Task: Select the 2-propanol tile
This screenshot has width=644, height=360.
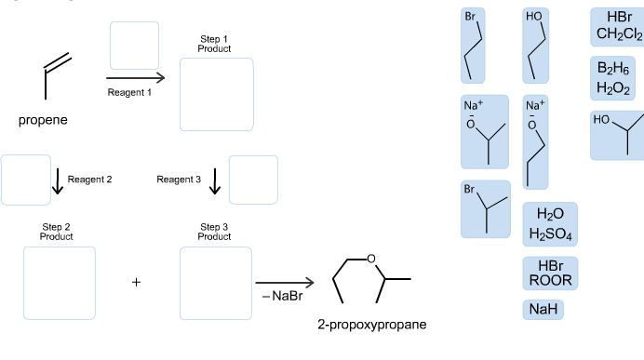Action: pos(616,136)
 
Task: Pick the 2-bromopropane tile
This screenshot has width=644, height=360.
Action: pos(485,208)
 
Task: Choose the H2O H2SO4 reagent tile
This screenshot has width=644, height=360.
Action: pos(550,223)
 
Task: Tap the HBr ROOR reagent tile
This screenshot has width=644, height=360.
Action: pos(550,273)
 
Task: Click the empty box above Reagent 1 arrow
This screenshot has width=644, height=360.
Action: pos(134,44)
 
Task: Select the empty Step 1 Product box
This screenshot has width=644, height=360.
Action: pos(216,94)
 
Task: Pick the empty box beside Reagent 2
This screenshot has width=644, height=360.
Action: pos(25,180)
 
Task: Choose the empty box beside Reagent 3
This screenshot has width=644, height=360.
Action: pos(253,180)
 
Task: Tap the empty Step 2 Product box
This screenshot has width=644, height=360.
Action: pos(60,283)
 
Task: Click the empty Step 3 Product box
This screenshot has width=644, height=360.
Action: pos(216,283)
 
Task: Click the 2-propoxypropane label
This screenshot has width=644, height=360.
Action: pos(371,326)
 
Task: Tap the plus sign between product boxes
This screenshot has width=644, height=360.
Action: pos(136,283)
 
